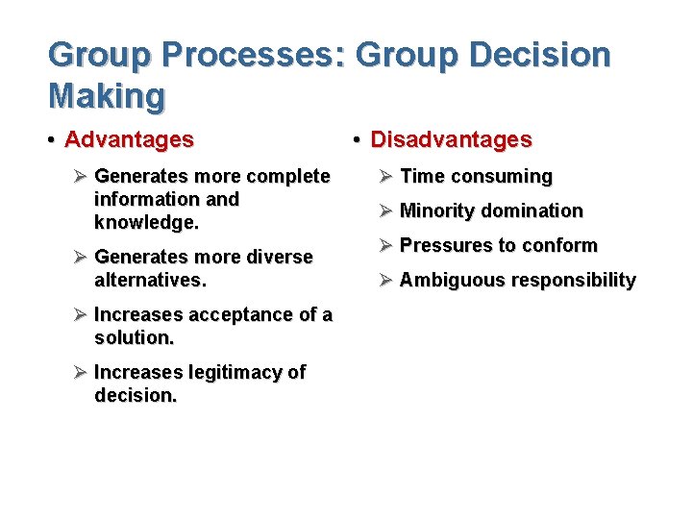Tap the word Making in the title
coord(107,95)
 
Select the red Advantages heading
coord(129,139)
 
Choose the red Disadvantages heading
coord(451,139)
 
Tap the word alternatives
coord(149,281)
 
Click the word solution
coord(134,338)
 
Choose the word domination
coord(531,210)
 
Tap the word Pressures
coord(445,245)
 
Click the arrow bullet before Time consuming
coord(384,176)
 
